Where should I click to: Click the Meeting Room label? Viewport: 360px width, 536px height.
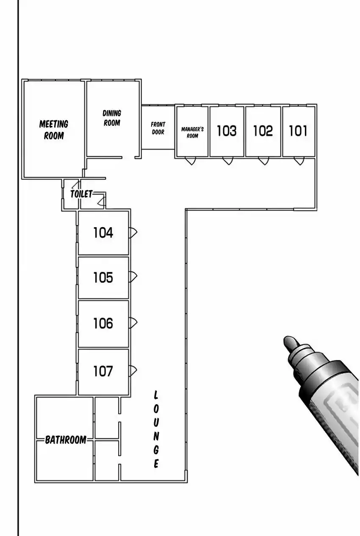(54, 130)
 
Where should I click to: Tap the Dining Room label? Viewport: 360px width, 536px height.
(112, 118)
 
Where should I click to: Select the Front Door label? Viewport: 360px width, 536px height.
(158, 128)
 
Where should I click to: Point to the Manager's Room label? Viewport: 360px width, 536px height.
(192, 132)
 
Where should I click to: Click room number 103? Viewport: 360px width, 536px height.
(227, 131)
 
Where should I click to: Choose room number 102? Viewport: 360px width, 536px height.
(263, 131)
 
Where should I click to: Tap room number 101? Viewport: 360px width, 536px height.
(298, 131)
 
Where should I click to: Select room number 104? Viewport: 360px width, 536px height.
(103, 233)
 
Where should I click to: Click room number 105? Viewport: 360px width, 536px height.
(103, 278)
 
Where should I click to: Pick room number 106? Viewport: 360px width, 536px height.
(103, 323)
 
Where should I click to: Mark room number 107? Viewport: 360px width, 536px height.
(103, 371)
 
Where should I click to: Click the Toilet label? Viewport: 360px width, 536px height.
(81, 194)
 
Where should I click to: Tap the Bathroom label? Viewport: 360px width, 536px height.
(66, 440)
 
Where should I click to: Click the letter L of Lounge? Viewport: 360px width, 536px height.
(155, 395)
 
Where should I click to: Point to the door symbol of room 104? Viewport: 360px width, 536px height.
(133, 232)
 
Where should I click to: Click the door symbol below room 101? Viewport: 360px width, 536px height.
(299, 161)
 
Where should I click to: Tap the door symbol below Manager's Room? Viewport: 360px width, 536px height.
(191, 161)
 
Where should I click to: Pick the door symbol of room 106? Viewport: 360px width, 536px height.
(133, 323)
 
